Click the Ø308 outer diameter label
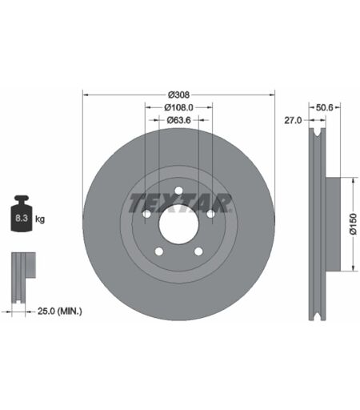(178, 94)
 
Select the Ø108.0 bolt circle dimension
(178, 107)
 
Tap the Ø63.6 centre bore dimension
(178, 120)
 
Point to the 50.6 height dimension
(325, 107)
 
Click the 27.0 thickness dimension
(293, 120)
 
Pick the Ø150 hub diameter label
(353, 224)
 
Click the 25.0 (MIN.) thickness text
(60, 311)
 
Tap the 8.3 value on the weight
(22, 218)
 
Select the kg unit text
(40, 219)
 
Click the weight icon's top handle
(22, 199)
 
